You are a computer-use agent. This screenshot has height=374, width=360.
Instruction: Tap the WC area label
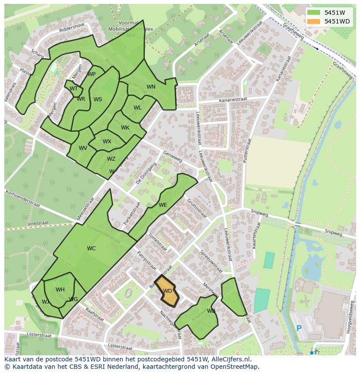(91, 248)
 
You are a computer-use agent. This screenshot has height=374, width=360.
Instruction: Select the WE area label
(163, 205)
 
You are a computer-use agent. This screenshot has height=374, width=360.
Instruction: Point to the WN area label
(151, 87)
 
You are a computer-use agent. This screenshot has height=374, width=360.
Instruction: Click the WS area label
(98, 99)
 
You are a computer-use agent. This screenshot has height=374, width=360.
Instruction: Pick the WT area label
(73, 89)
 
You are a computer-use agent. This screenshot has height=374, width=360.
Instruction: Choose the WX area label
(107, 142)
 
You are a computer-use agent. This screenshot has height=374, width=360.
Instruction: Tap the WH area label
(60, 290)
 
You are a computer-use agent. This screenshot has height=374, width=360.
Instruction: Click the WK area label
(125, 128)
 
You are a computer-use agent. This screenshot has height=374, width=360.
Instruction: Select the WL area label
(137, 108)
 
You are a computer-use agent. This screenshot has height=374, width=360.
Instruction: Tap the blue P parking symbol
(299, 328)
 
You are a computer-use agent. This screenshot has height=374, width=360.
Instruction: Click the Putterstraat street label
(247, 150)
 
